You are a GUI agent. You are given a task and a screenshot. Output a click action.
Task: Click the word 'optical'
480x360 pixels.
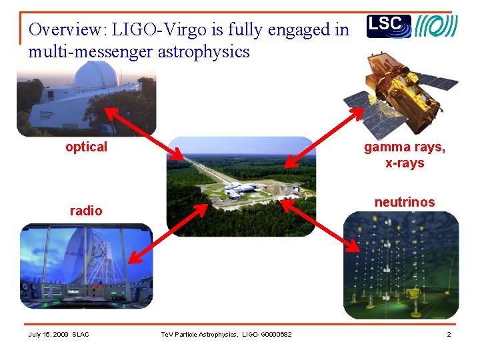pyautogui.click(x=86, y=147)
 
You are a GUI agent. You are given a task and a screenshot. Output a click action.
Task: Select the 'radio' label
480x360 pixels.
pyautogui.click(x=86, y=211)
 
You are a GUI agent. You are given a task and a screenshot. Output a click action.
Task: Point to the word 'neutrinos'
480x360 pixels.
pyautogui.click(x=404, y=202)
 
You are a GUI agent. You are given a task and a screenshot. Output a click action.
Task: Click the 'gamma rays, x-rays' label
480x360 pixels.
pyautogui.click(x=404, y=155)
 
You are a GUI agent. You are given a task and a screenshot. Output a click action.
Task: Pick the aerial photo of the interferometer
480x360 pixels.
pyautogui.click(x=240, y=187)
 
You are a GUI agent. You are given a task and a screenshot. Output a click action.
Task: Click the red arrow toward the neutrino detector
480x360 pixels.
pyautogui.click(x=320, y=227)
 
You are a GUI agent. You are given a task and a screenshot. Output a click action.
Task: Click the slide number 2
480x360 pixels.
pyautogui.click(x=449, y=334)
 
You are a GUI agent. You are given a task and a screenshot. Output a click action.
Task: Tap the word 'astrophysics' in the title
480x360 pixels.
pyautogui.click(x=203, y=51)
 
